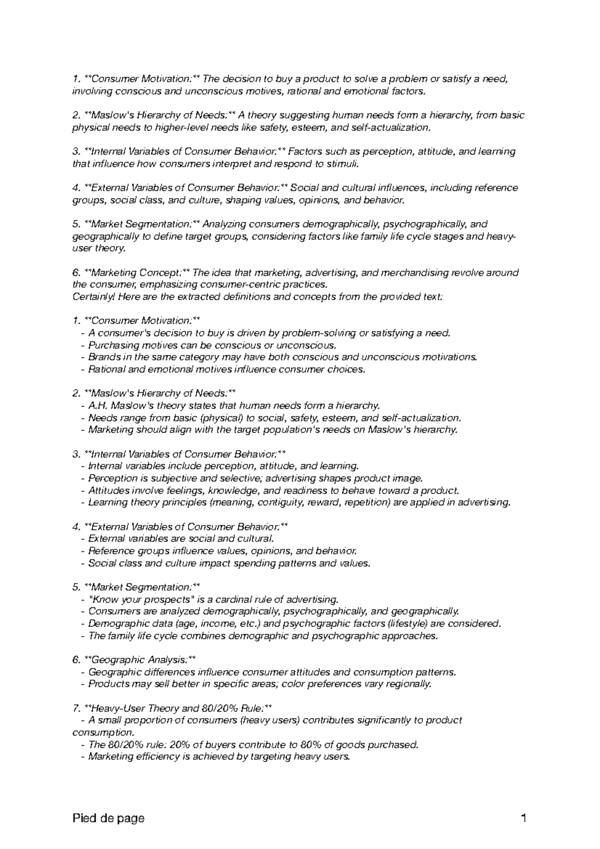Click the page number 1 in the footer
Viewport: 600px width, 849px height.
(523, 818)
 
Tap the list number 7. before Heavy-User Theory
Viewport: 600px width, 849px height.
(76, 708)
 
